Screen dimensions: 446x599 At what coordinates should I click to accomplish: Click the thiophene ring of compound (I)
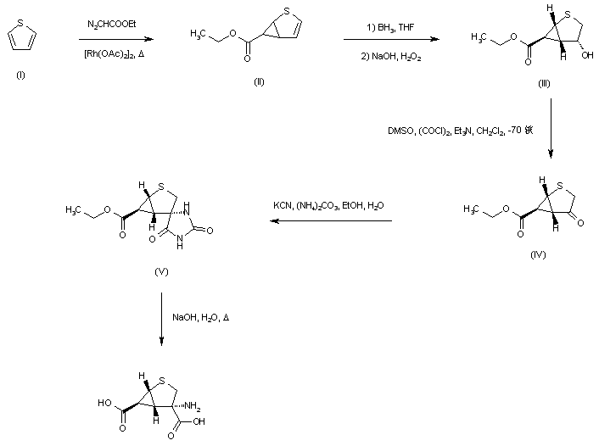pyautogui.click(x=20, y=39)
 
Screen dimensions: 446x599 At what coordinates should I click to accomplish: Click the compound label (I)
pyautogui.click(x=20, y=75)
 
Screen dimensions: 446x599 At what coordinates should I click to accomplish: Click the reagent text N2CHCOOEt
pyautogui.click(x=115, y=25)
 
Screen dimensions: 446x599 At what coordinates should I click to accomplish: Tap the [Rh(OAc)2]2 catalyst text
pyautogui.click(x=115, y=54)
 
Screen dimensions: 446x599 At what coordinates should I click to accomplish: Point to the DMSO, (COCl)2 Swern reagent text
pyautogui.click(x=458, y=131)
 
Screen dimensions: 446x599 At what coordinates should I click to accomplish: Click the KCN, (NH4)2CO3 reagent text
pyautogui.click(x=330, y=207)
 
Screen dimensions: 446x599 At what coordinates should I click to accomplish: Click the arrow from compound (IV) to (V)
pyautogui.click(x=331, y=222)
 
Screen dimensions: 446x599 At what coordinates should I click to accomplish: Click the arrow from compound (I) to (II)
pyautogui.click(x=115, y=39)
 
